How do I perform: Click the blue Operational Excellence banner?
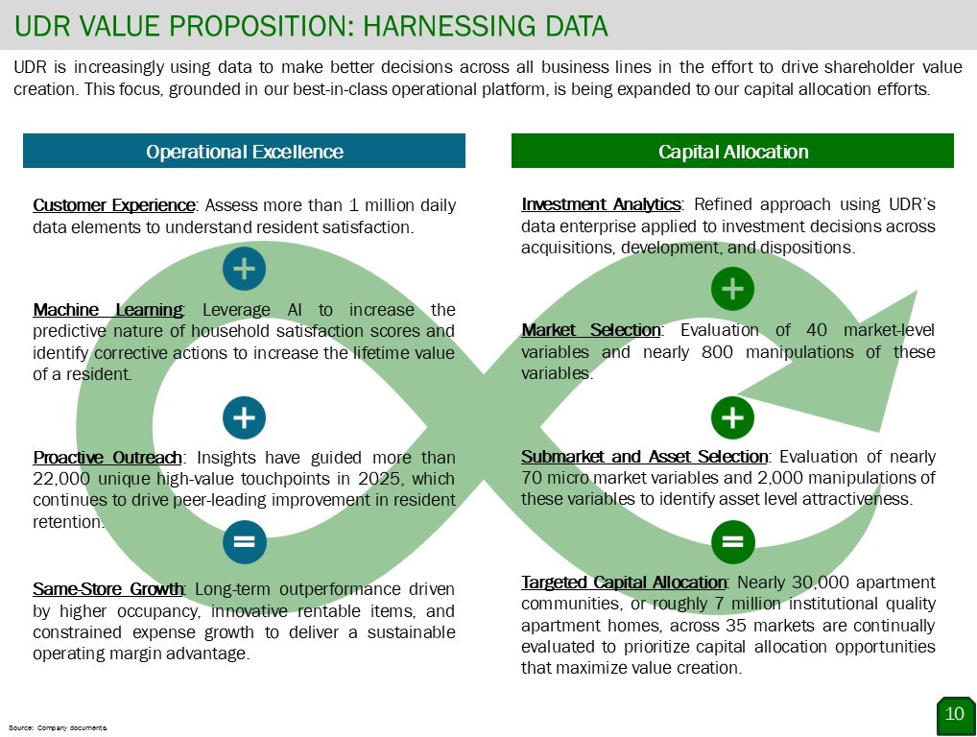[244, 151]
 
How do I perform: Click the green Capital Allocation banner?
[733, 151]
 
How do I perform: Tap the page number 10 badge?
[955, 715]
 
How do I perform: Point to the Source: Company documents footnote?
[58, 727]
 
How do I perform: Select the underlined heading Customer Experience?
[114, 205]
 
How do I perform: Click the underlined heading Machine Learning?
[107, 310]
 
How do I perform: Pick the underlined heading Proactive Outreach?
[107, 458]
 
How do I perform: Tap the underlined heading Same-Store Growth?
[107, 588]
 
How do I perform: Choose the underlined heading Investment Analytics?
[602, 204]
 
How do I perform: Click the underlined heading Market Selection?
[591, 329]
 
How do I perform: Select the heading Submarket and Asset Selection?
[645, 457]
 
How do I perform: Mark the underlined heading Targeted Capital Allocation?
[624, 582]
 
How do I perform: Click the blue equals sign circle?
[244, 542]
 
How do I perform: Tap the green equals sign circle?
[733, 542]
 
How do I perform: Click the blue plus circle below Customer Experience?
[244, 269]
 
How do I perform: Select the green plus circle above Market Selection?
[733, 289]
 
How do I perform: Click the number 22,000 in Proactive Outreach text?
[61, 479]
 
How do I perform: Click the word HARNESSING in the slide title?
[440, 26]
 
